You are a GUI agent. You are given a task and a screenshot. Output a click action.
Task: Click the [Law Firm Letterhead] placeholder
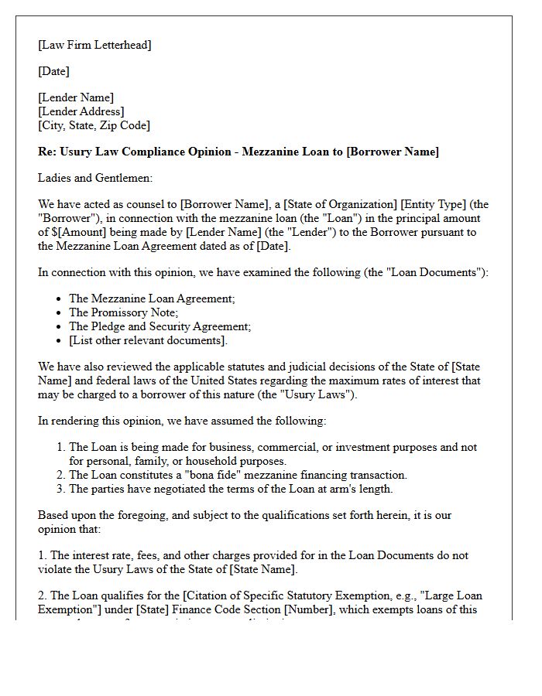(94, 45)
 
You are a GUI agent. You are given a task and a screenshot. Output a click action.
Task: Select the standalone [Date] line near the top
(53, 71)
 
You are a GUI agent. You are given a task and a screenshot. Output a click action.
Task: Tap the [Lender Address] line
(81, 111)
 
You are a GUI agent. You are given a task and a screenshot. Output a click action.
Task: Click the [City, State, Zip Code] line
(94, 125)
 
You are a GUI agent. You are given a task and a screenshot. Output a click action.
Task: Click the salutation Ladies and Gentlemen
(95, 178)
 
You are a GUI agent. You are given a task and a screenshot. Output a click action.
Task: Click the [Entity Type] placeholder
(434, 204)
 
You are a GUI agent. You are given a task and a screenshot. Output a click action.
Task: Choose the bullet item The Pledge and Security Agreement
(160, 326)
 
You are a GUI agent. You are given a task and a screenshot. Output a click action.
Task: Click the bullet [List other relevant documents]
(148, 340)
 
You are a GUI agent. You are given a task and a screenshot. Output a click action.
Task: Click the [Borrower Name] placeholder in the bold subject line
(392, 152)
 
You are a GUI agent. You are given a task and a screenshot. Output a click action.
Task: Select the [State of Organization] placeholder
(340, 204)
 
